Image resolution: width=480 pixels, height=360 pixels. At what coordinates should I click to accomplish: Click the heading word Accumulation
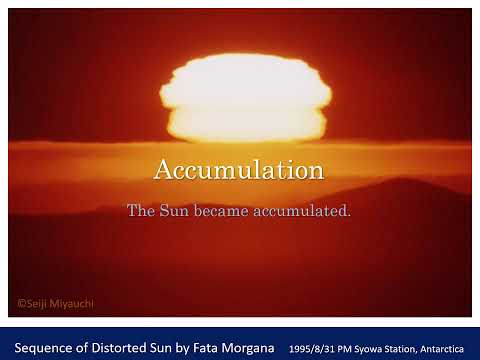[x=239, y=170]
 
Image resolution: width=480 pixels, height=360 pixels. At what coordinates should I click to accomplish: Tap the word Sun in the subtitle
[x=174, y=211]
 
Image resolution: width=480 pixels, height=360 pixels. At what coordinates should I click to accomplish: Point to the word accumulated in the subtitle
[x=304, y=211]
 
